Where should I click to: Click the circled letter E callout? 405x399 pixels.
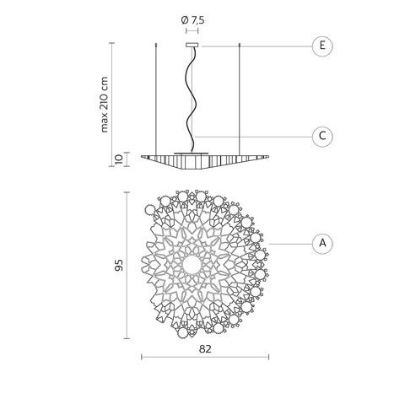point(322,46)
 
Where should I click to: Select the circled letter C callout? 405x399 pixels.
point(322,137)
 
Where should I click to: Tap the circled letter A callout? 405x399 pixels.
point(322,243)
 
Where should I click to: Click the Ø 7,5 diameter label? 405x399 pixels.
point(192,20)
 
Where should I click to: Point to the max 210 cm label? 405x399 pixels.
point(104,105)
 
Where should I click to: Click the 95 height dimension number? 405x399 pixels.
point(119,265)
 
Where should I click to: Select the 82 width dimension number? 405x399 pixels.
point(205,349)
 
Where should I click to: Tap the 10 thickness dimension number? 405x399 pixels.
point(119,159)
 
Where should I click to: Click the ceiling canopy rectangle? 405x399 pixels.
point(192,45)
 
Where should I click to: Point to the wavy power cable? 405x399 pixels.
point(192,99)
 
